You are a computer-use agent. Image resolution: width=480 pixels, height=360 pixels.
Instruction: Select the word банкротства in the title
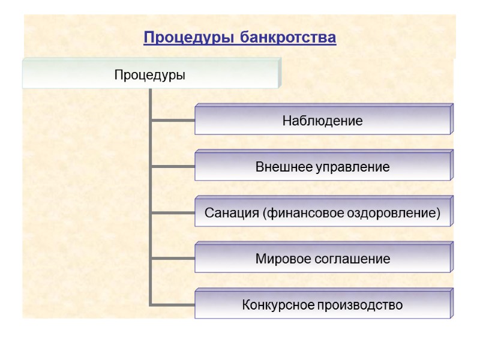(288, 38)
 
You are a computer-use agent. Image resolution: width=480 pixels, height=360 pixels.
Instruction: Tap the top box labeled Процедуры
(150, 76)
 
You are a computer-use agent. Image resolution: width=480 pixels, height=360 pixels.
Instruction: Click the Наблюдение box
(322, 121)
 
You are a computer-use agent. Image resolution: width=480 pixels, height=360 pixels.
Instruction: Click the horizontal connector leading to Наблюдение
(173, 119)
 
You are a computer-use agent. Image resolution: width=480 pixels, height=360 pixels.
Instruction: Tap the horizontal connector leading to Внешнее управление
(173, 166)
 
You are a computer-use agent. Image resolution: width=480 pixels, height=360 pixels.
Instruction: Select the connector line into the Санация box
(173, 212)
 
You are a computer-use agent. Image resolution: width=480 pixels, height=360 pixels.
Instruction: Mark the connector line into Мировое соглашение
(173, 258)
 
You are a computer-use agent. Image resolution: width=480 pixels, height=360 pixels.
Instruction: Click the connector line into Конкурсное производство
(173, 304)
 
